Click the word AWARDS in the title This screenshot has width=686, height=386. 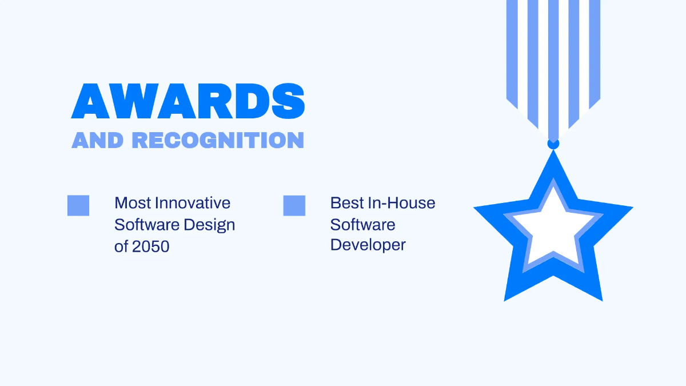(x=188, y=102)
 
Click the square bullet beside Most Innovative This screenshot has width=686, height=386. (x=78, y=205)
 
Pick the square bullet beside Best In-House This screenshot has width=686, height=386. (x=294, y=205)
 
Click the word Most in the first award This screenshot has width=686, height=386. (x=133, y=203)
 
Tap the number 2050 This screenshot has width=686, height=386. (x=151, y=246)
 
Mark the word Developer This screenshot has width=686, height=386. (x=368, y=245)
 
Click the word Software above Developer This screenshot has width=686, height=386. (x=362, y=224)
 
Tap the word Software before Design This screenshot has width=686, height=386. (x=147, y=225)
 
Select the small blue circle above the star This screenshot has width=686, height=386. (x=553, y=143)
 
